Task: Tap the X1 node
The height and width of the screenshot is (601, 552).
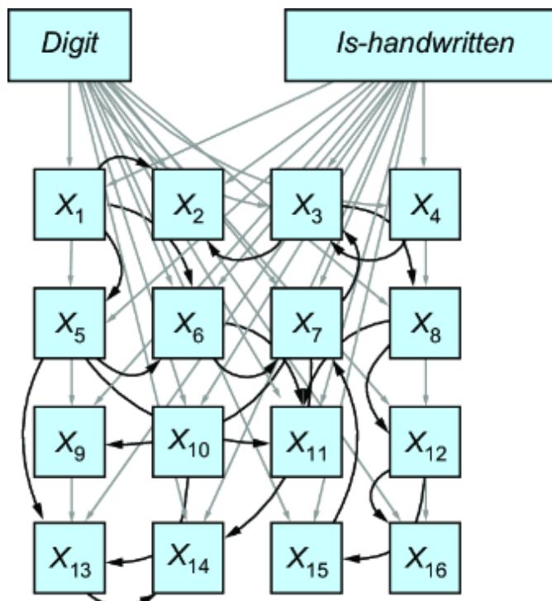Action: pos(69,203)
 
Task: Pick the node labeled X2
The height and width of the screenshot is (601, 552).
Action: pos(187,203)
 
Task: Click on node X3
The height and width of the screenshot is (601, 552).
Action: pos(306,203)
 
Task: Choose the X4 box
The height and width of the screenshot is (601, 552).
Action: pos(424,203)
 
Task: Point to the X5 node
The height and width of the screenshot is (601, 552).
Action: pos(69,322)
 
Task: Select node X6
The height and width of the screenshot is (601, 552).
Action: pos(187,322)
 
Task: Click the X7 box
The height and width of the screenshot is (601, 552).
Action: pos(306,322)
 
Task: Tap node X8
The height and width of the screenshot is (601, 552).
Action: pos(424,322)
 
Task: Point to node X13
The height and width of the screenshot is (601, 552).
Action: pos(69,558)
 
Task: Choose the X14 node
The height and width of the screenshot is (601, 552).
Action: pos(188,558)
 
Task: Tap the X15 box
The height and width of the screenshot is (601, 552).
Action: pos(306,558)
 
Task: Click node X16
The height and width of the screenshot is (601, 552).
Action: pos(424,558)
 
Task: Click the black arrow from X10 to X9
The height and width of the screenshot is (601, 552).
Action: pos(128,444)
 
